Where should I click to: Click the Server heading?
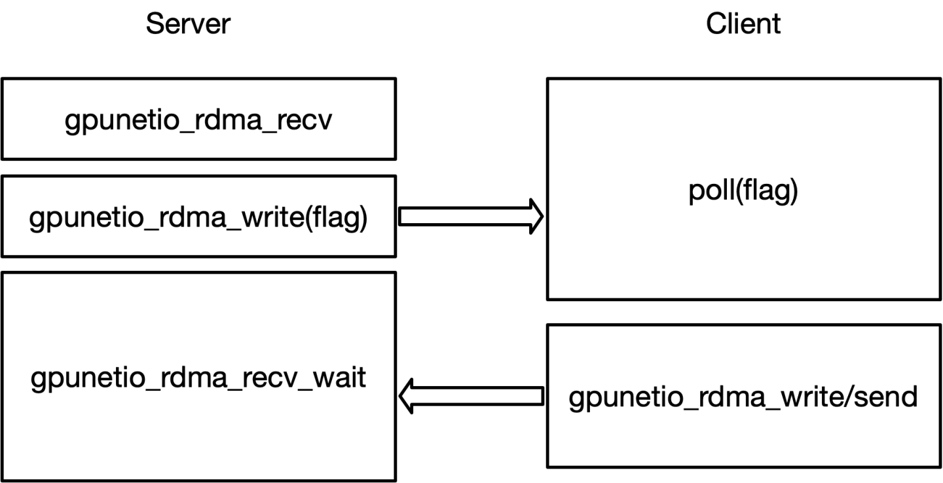coord(188,24)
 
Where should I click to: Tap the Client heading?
coord(743,24)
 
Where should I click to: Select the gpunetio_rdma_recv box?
coord(198,119)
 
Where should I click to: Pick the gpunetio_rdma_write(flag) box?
coord(198,217)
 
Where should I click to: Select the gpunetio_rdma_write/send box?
coord(743,396)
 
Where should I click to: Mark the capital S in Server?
coord(153,24)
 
